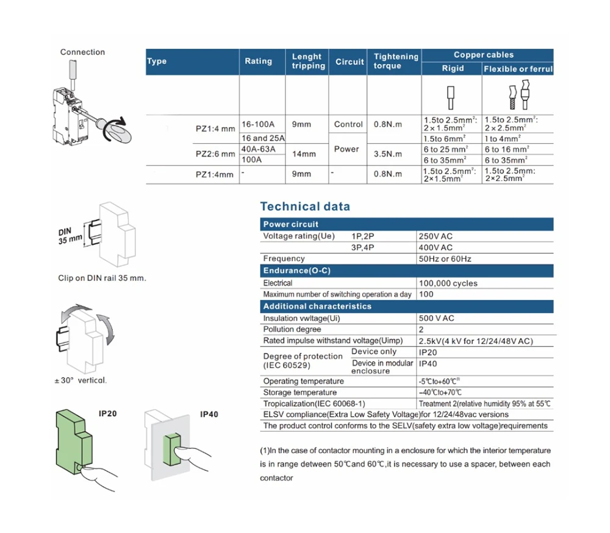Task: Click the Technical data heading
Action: [305, 206]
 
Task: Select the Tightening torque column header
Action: [396, 61]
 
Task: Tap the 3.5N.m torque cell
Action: [388, 155]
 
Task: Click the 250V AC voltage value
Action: [436, 236]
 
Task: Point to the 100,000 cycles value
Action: [448, 283]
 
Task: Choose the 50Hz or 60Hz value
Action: [445, 259]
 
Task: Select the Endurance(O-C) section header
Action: [296, 270]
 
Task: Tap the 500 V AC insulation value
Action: [436, 318]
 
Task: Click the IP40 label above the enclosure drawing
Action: [209, 415]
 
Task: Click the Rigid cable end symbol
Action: [452, 94]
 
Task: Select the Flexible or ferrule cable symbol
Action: [517, 94]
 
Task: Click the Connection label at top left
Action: [82, 52]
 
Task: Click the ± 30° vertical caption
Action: [80, 380]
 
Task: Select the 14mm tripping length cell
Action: [304, 154]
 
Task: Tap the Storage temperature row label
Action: [300, 392]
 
